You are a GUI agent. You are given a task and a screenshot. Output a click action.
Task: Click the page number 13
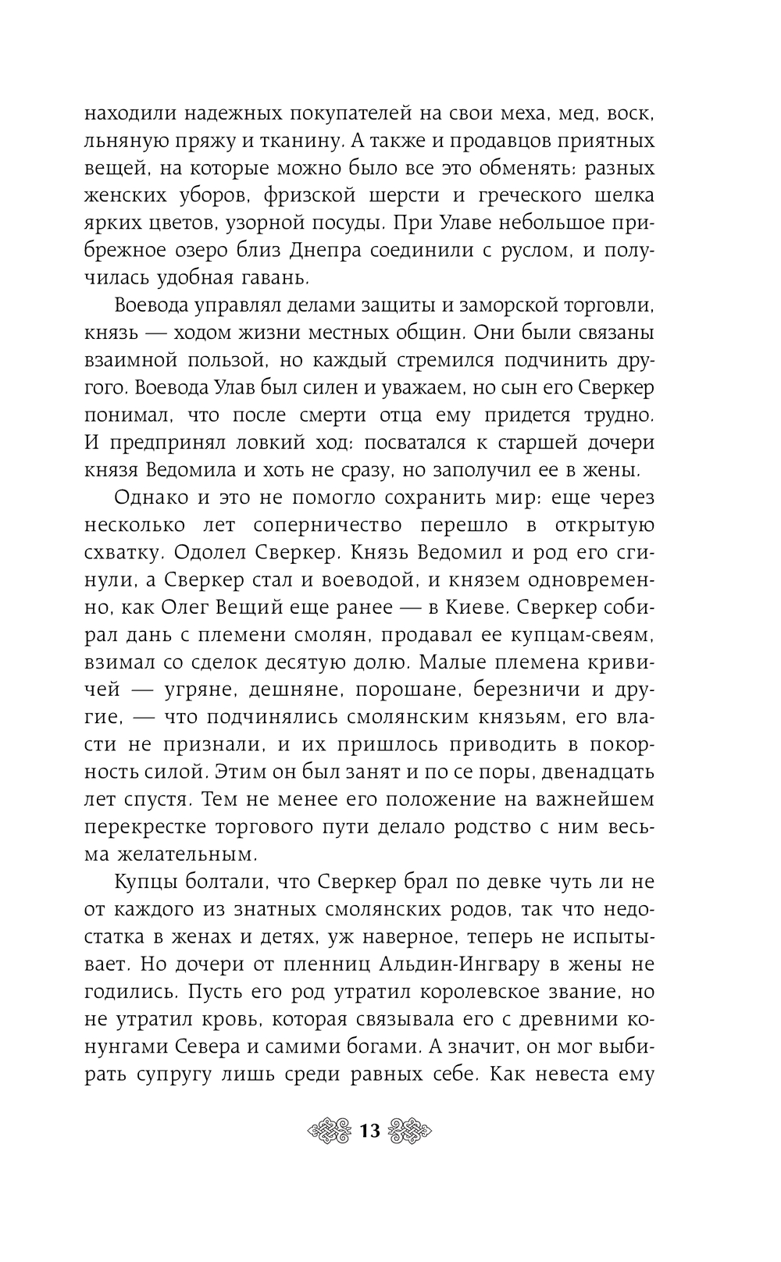[x=369, y=1130]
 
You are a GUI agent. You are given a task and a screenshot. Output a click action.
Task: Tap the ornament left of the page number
[x=331, y=1130]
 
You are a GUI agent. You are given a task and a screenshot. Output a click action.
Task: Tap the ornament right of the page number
[x=409, y=1130]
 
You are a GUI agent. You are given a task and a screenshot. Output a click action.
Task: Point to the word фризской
[x=305, y=195]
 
